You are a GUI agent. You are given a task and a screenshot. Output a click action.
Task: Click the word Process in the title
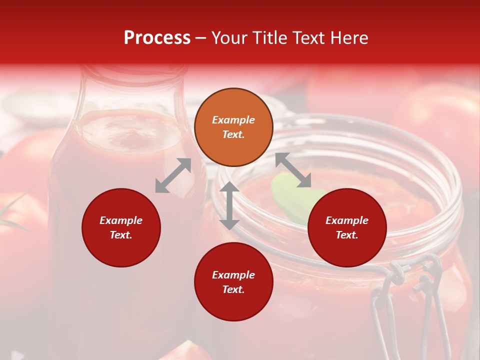(157, 38)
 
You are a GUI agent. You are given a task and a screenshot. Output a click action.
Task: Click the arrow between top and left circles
(173, 175)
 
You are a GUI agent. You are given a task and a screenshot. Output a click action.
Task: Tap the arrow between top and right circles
(293, 170)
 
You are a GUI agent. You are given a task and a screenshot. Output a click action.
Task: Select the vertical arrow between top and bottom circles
(229, 205)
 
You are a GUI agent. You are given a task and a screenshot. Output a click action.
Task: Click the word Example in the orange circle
(233, 120)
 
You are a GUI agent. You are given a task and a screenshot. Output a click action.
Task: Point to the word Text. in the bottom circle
(233, 289)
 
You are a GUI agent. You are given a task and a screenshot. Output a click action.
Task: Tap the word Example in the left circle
(121, 220)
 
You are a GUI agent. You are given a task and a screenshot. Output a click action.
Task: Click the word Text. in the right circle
(347, 235)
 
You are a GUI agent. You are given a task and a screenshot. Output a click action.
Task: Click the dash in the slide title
(201, 38)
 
